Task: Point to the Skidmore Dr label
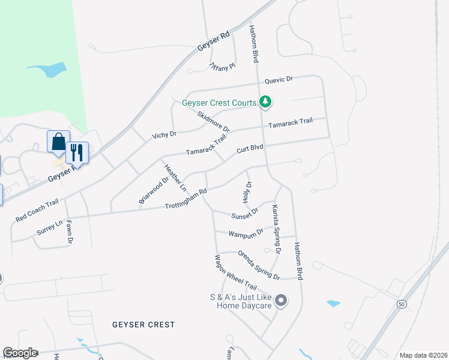click(x=213, y=121)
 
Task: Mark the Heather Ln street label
click(x=175, y=178)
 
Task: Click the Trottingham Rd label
click(x=186, y=200)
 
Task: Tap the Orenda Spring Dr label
click(x=259, y=265)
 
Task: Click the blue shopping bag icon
click(x=58, y=142)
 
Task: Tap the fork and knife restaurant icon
click(x=76, y=152)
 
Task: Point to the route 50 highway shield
click(x=400, y=304)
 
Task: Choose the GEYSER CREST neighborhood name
click(x=143, y=325)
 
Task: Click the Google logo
click(x=20, y=353)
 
